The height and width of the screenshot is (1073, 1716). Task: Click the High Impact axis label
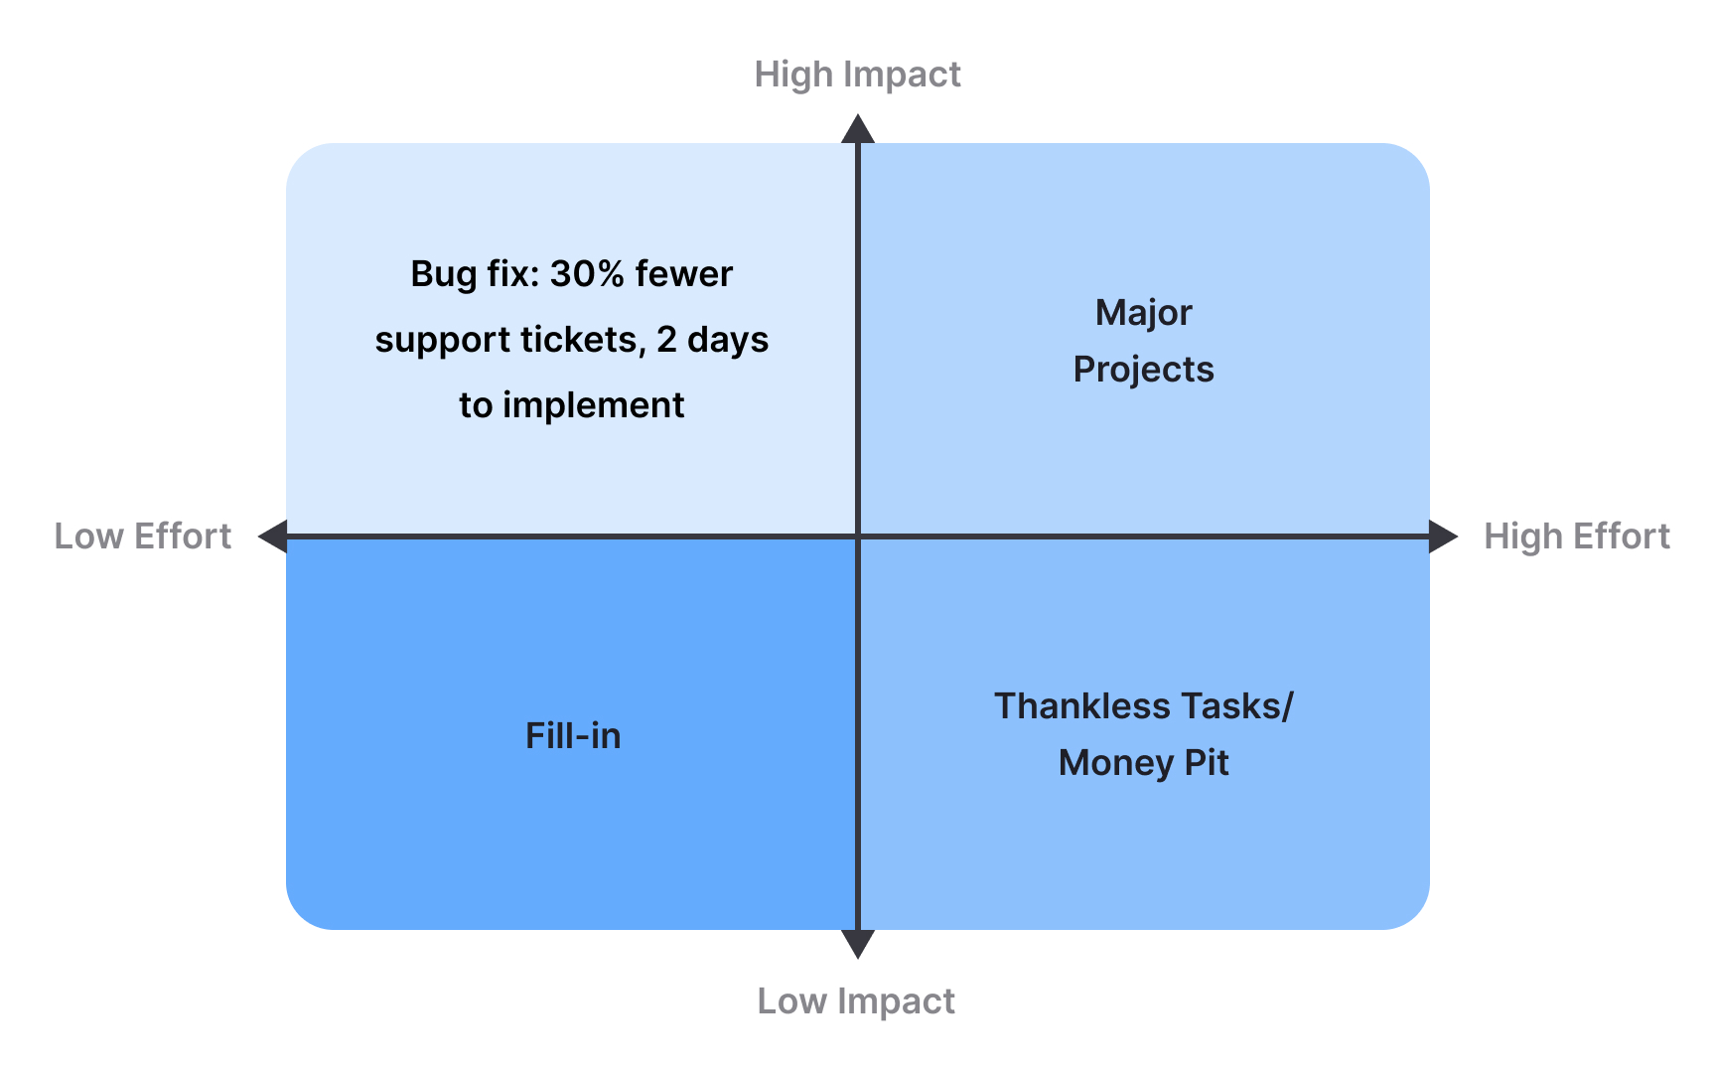pyautogui.click(x=857, y=75)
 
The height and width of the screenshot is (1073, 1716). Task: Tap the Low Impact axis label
pyautogui.click(x=856, y=1000)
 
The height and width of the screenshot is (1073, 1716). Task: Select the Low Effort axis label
pyautogui.click(x=142, y=536)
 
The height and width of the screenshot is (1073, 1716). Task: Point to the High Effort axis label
pyautogui.click(x=1576, y=536)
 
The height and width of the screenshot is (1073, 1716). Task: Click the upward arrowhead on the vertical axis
pyautogui.click(x=858, y=129)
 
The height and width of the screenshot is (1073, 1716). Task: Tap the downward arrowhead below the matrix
pyautogui.click(x=858, y=944)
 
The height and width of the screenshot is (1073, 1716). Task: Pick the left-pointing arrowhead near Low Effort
pyautogui.click(x=272, y=536)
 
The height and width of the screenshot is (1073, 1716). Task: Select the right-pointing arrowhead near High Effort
pyautogui.click(x=1444, y=536)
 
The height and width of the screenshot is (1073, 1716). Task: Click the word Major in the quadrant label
pyautogui.click(x=1143, y=313)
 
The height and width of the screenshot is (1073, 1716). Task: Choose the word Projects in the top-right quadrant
pyautogui.click(x=1143, y=370)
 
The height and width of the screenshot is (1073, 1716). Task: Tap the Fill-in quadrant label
pyautogui.click(x=573, y=736)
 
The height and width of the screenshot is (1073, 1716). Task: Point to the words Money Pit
pyautogui.click(x=1143, y=763)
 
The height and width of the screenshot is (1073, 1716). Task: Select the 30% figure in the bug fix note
pyautogui.click(x=586, y=274)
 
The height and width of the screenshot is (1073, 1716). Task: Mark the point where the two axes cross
pyautogui.click(x=858, y=536)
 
